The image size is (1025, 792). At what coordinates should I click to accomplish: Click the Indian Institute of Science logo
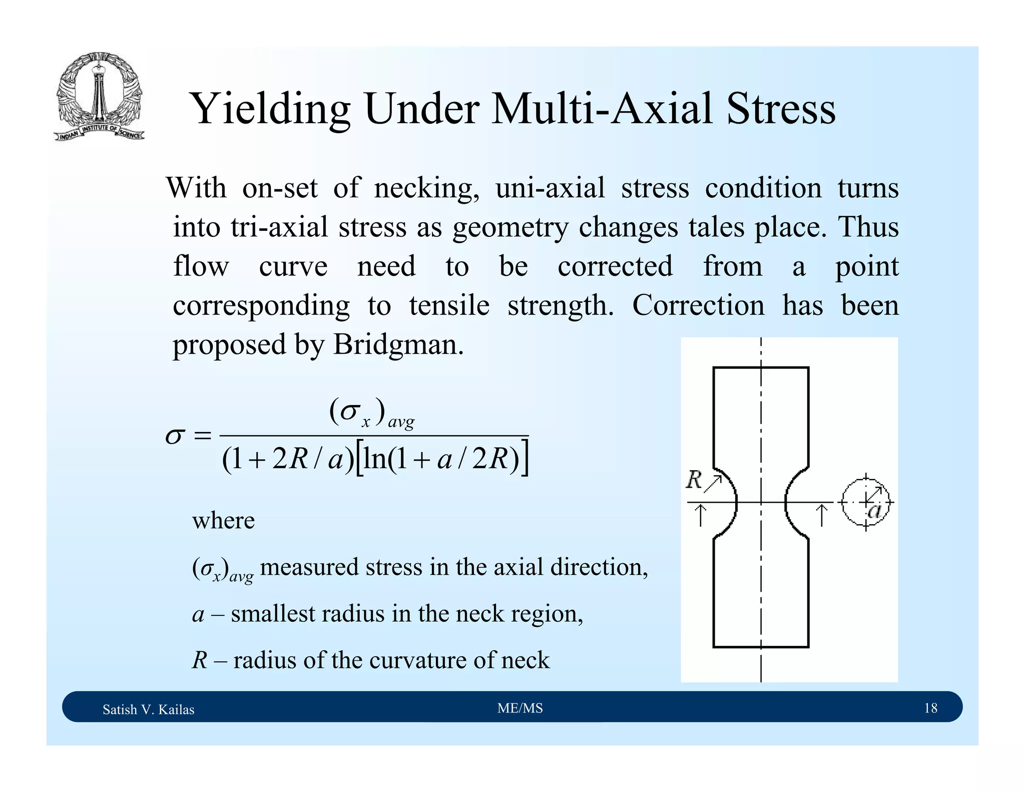click(99, 96)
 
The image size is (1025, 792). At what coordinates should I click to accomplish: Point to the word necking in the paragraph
click(426, 189)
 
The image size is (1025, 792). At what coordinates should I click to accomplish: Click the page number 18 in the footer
click(930, 708)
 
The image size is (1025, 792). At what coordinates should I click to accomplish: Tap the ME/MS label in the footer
click(520, 708)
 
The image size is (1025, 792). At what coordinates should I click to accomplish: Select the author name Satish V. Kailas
click(148, 709)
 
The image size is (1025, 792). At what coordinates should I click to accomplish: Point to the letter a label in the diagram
click(874, 511)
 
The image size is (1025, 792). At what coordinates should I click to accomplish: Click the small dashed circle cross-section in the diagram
click(865, 502)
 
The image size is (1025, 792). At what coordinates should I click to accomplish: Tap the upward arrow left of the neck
click(701, 515)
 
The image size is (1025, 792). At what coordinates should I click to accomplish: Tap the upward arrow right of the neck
click(821, 515)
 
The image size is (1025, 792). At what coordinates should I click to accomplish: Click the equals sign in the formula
click(202, 436)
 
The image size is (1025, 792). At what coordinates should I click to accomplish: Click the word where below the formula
click(223, 521)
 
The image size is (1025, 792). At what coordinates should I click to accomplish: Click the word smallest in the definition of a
click(272, 614)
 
